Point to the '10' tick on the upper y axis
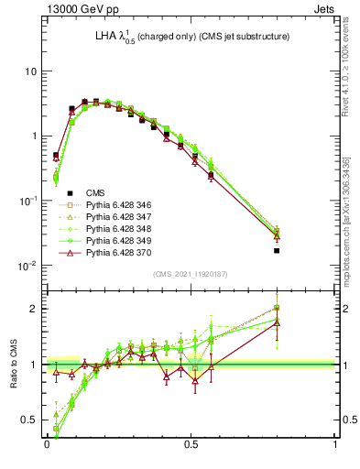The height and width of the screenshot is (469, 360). pyautogui.click(x=30, y=71)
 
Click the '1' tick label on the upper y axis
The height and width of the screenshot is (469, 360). pyautogui.click(x=34, y=136)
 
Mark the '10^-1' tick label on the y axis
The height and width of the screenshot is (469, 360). pyautogui.click(x=27, y=200)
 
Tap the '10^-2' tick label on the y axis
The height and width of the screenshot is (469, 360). pyautogui.click(x=27, y=265)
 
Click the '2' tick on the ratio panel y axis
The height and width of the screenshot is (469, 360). pyautogui.click(x=34, y=309)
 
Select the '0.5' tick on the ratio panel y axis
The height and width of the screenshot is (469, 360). pyautogui.click(x=30, y=420)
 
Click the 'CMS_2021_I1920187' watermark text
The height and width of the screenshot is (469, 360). pyautogui.click(x=191, y=274)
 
